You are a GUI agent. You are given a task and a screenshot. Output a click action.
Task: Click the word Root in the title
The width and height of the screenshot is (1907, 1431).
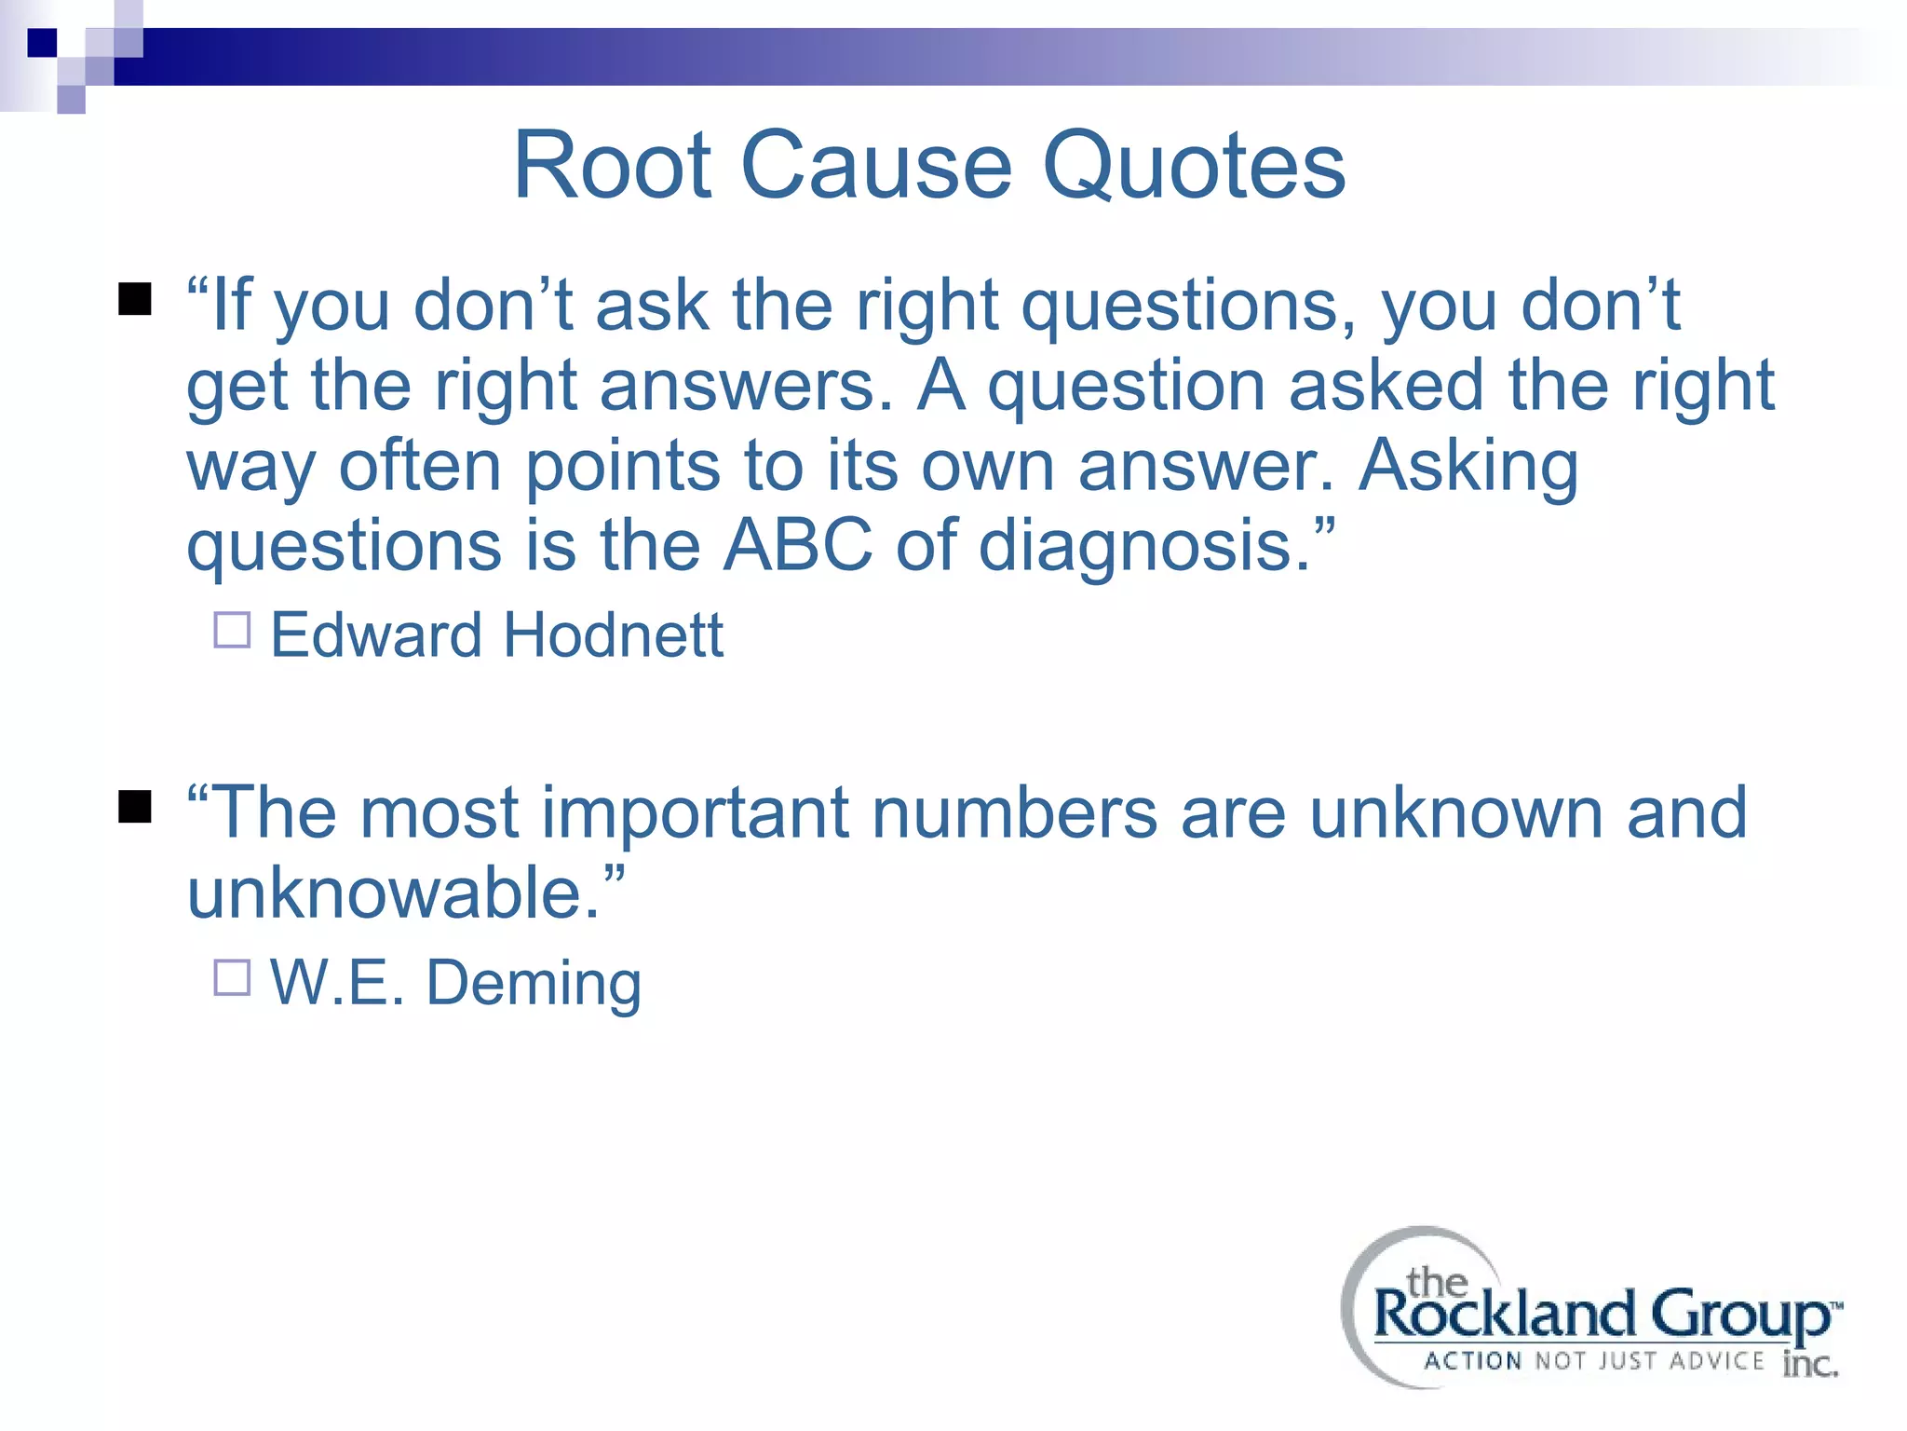pyautogui.click(x=613, y=166)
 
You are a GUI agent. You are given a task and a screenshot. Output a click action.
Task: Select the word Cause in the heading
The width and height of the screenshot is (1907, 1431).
pyautogui.click(x=876, y=166)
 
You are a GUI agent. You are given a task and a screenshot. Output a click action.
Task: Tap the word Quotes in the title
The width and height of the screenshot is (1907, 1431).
pyautogui.click(x=1194, y=166)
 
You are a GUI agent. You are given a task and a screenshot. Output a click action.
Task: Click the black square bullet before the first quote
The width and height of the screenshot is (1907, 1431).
pyautogui.click(x=135, y=300)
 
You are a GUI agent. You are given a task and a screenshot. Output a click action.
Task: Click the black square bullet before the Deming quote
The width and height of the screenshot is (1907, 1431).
pyautogui.click(x=135, y=807)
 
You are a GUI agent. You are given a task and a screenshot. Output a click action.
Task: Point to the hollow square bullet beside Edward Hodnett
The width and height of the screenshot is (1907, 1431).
pyautogui.click(x=232, y=630)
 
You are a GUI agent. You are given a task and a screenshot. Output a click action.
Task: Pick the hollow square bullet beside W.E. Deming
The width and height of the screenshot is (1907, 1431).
pyautogui.click(x=232, y=978)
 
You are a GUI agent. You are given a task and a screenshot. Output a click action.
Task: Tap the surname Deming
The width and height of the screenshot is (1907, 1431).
pyautogui.click(x=534, y=984)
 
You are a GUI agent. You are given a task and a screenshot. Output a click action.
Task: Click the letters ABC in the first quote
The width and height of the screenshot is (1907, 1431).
pyautogui.click(x=798, y=544)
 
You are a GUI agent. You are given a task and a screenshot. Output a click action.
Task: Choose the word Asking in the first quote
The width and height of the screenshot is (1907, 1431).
pyautogui.click(x=1468, y=466)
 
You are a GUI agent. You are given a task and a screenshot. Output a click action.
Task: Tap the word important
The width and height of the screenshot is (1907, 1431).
pyautogui.click(x=695, y=812)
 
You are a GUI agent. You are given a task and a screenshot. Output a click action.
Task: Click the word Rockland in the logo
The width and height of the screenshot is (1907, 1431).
pyautogui.click(x=1504, y=1315)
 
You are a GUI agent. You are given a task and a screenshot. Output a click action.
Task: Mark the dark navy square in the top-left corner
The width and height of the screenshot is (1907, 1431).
pyautogui.click(x=42, y=43)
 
